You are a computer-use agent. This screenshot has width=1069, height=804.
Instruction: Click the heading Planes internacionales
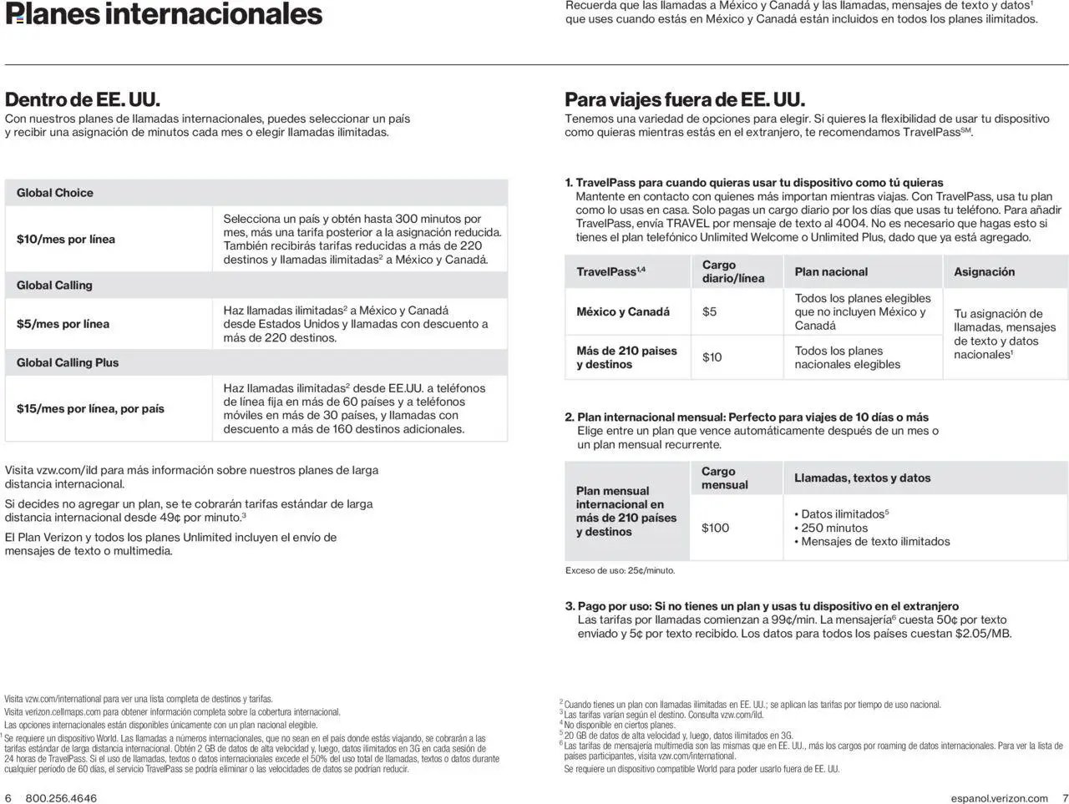point(164,14)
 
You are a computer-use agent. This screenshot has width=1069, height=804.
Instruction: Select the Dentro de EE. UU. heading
point(83,100)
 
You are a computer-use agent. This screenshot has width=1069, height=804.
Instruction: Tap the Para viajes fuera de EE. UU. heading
point(685,100)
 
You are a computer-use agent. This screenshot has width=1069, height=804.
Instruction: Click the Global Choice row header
point(55,193)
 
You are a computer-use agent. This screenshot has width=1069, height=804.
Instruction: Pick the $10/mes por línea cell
point(66,240)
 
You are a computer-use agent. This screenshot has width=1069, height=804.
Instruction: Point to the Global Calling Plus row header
point(68,362)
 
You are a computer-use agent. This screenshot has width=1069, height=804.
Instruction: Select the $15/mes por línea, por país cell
point(90,408)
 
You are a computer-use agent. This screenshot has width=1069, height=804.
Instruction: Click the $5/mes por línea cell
point(63,324)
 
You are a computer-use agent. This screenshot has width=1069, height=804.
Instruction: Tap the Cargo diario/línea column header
point(732,271)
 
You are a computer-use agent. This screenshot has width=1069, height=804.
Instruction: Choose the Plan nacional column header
point(831,272)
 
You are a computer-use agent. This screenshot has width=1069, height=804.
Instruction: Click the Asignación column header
point(984,272)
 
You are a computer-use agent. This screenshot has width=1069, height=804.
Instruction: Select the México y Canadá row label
point(623,311)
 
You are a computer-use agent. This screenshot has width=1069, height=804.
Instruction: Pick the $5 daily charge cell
point(709,311)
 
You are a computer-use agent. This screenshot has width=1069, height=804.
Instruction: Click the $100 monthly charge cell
point(715,528)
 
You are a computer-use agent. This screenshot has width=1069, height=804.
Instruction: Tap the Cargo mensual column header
point(724,478)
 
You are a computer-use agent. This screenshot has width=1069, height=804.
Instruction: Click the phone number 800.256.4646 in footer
point(61,798)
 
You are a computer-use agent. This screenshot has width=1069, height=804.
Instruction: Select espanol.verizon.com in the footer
point(999,798)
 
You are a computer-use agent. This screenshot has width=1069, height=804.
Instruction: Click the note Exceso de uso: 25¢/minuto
point(620,571)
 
